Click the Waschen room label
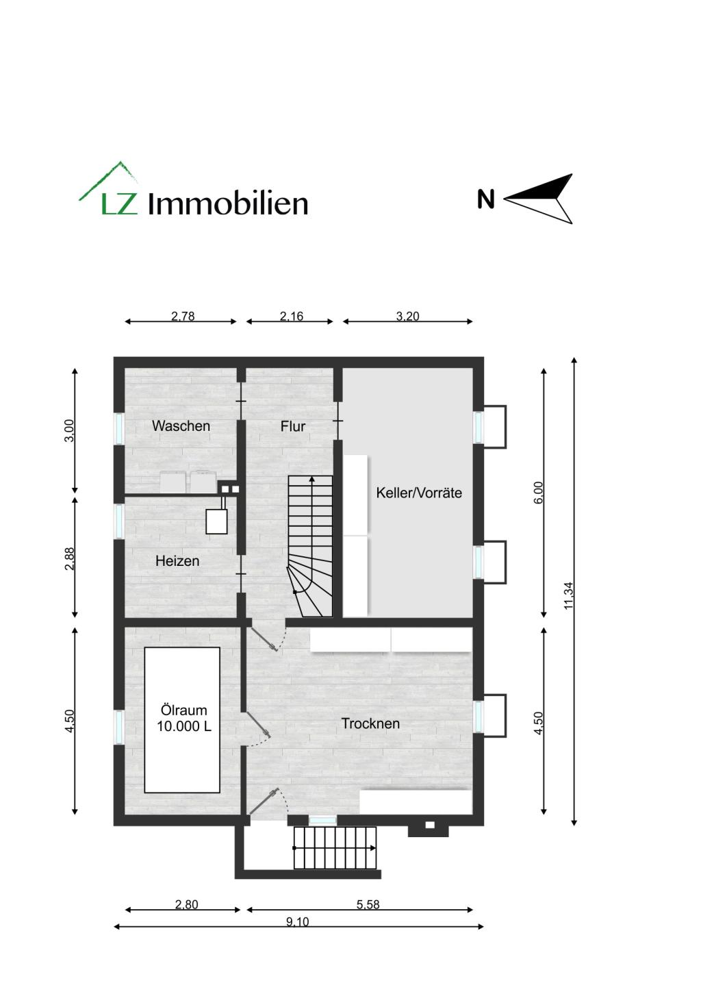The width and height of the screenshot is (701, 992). [181, 426]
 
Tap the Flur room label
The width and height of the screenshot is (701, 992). [292, 426]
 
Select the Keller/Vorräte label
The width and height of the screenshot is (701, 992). [419, 493]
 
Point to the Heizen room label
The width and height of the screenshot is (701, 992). [177, 561]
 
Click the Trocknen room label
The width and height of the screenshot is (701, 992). [370, 723]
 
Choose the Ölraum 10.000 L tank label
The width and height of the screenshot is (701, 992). [183, 719]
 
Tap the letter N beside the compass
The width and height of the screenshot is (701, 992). [486, 199]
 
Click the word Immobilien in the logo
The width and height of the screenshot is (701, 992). [228, 203]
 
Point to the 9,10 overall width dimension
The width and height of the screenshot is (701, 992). [298, 921]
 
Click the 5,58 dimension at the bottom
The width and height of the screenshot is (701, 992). [368, 904]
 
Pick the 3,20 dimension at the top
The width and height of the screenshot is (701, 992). [407, 316]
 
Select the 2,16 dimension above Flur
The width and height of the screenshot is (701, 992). [292, 316]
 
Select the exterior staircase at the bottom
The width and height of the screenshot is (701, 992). [335, 848]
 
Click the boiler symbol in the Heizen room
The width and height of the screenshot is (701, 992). [217, 521]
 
